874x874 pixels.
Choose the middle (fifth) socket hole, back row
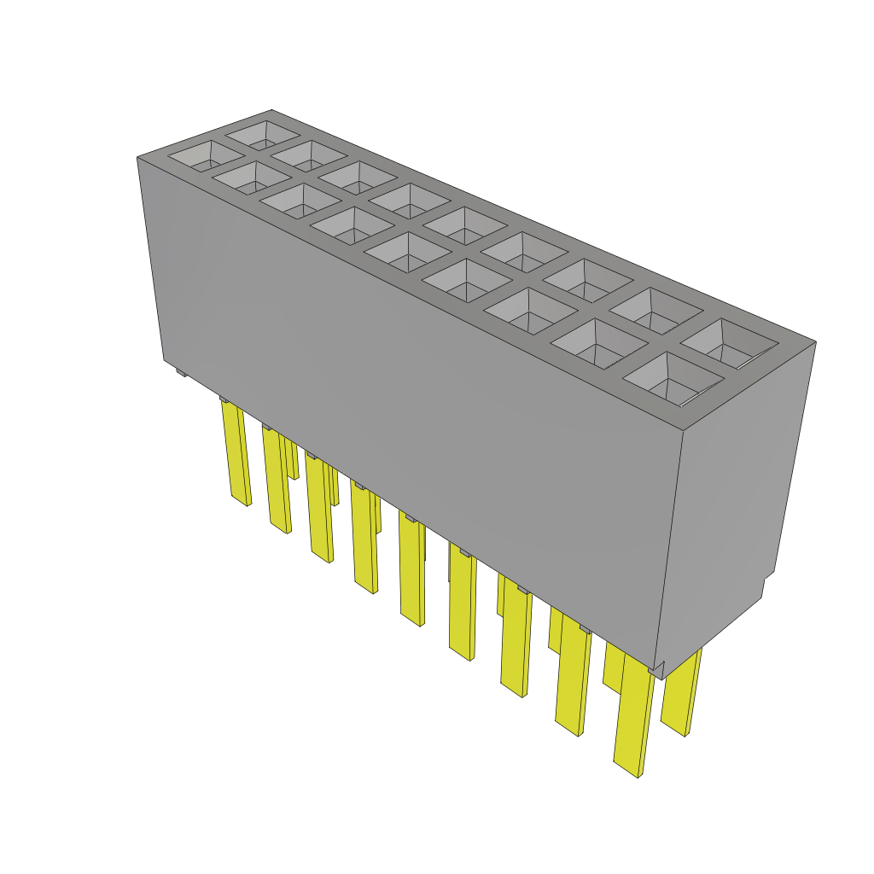point(464,224)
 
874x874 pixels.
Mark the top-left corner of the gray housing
point(138,158)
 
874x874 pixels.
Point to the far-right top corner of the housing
point(815,342)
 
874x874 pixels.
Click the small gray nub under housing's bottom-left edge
point(178,371)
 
